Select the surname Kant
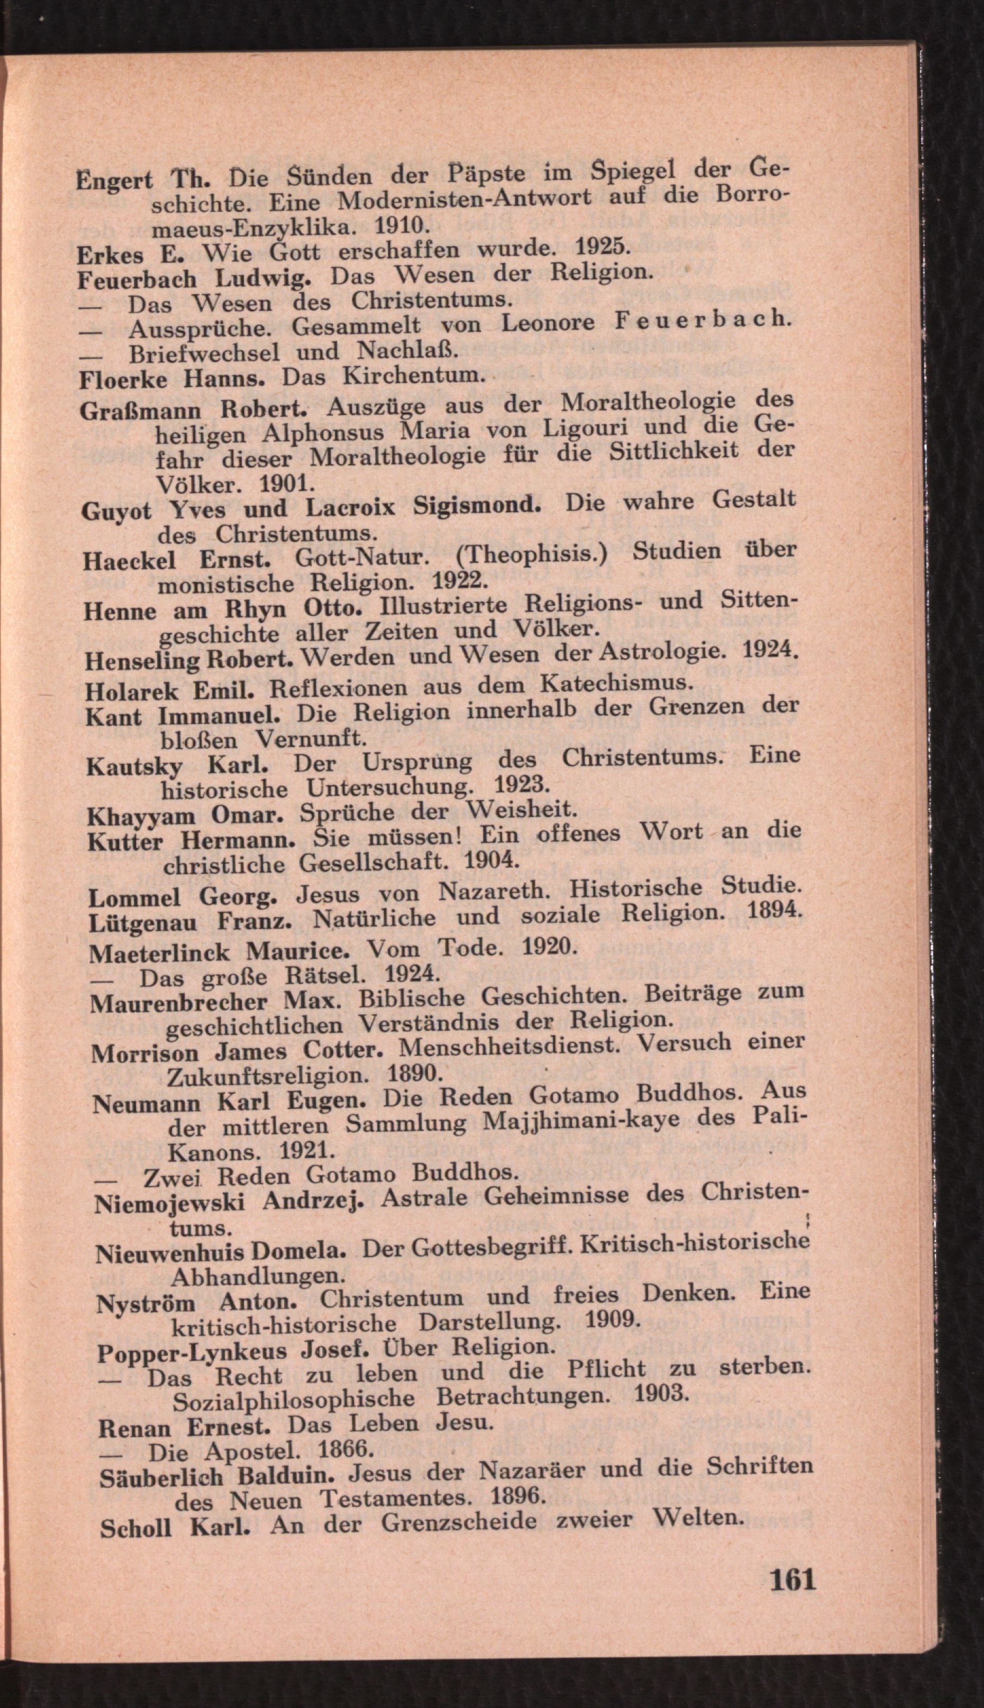[114, 716]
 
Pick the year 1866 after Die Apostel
[345, 1448]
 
